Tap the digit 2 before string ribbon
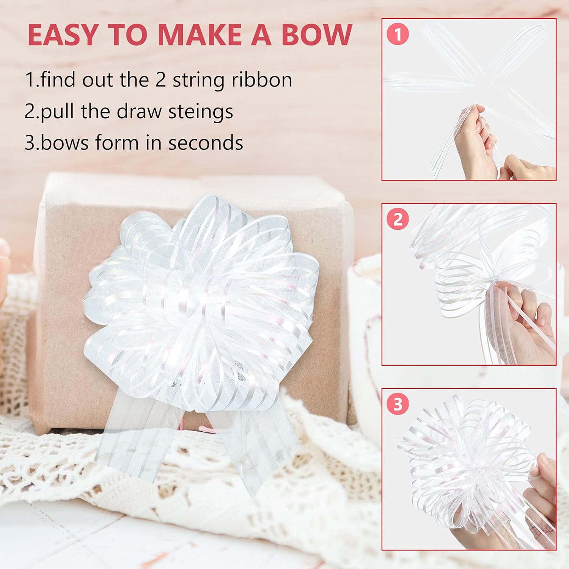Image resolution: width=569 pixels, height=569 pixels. click(x=160, y=80)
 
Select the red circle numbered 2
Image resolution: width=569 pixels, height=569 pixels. click(x=398, y=219)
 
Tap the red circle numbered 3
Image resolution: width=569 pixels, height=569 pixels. click(x=398, y=404)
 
